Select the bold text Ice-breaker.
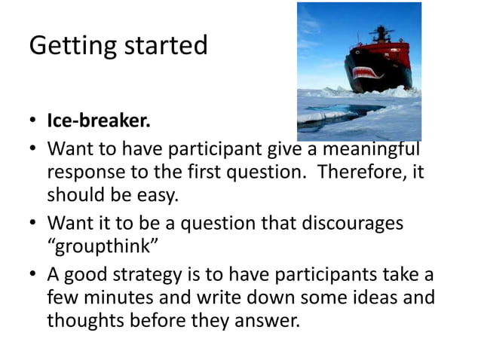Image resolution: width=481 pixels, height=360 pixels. click(98, 121)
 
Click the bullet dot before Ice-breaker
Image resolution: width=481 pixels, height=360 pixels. click(33, 122)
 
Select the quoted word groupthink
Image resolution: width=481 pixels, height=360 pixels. click(103, 248)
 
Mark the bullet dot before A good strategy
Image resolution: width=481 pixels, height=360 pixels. click(33, 274)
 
